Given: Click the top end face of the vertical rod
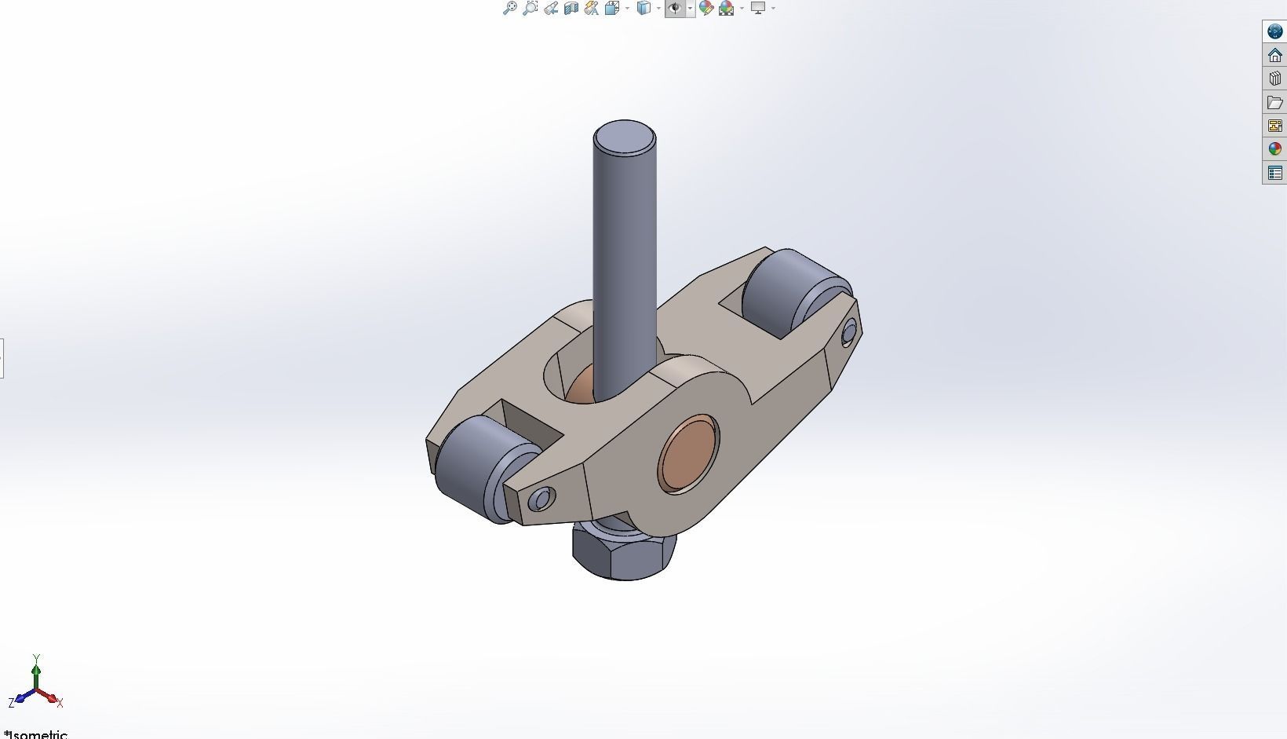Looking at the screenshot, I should (x=625, y=139).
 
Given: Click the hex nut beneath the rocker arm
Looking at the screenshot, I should (x=624, y=554).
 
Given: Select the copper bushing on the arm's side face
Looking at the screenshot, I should (x=687, y=455).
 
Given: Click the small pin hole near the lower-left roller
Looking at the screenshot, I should (x=541, y=499).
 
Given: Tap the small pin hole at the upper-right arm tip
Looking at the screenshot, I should (x=848, y=335).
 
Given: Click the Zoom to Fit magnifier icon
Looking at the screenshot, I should (x=510, y=9).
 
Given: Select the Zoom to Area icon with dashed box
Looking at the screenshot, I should (x=530, y=9).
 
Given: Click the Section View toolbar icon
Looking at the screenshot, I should (x=571, y=9).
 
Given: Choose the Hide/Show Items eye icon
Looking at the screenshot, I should (x=675, y=9).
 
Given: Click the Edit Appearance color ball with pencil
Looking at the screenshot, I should (x=705, y=9).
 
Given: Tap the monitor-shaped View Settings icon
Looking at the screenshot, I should (x=758, y=9).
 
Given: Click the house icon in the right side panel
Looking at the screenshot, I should (x=1274, y=55).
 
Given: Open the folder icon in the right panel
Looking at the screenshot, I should (x=1274, y=102).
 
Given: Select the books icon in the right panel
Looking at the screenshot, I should (x=1274, y=79).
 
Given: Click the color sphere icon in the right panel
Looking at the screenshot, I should (x=1274, y=149).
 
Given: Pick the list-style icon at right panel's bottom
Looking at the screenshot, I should (x=1274, y=173).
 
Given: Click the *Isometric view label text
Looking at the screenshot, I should (x=36, y=734).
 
